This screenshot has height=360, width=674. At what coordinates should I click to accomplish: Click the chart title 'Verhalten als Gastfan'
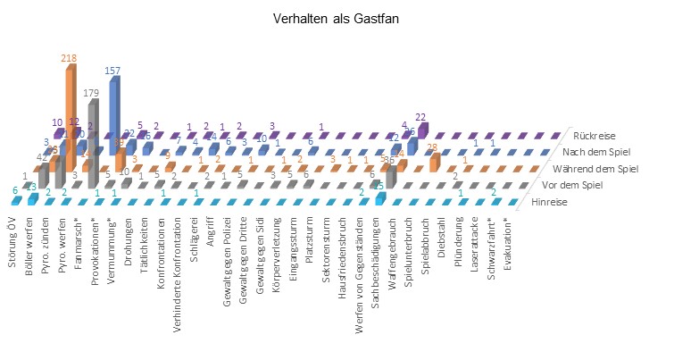pos(337,18)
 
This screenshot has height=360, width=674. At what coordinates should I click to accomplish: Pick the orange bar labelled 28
pos(435,162)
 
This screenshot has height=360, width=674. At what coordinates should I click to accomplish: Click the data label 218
pos(68,57)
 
